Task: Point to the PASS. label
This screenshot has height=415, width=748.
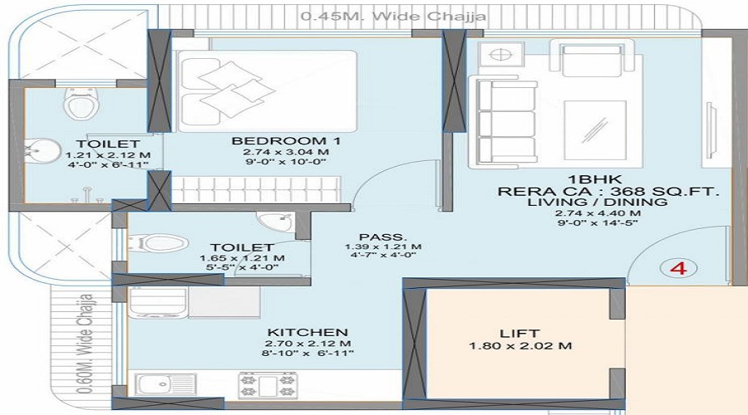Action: pyautogui.click(x=371, y=235)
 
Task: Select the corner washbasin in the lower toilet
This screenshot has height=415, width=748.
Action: pyautogui.click(x=271, y=222)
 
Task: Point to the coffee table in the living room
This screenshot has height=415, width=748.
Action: pyautogui.click(x=595, y=130)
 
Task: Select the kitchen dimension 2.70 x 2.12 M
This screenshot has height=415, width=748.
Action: pyautogui.click(x=297, y=343)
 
